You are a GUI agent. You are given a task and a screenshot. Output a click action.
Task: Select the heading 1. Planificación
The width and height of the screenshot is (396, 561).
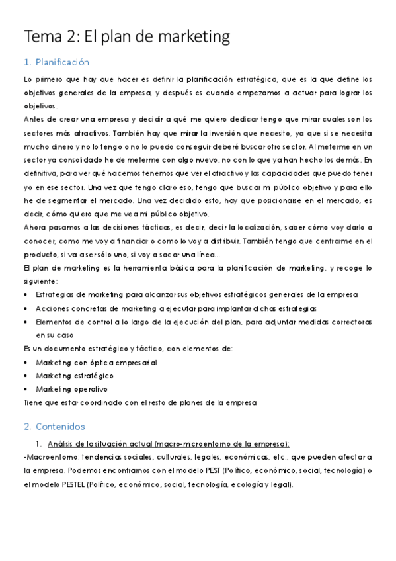point(56,62)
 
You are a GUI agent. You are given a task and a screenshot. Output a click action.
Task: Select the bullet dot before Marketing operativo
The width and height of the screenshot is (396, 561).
point(26,390)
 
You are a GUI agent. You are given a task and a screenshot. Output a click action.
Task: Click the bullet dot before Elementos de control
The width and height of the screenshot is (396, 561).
point(26,322)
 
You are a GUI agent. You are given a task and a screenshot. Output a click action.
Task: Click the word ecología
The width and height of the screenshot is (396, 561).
point(250,484)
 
